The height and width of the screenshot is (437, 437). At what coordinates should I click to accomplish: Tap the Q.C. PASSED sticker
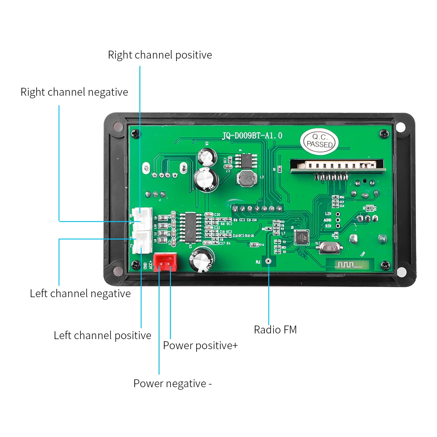(x=320, y=140)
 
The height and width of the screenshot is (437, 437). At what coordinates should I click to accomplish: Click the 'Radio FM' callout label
(x=275, y=329)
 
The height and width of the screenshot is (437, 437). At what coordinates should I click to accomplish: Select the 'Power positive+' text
(x=200, y=345)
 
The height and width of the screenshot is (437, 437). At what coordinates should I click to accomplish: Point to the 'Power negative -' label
(x=173, y=383)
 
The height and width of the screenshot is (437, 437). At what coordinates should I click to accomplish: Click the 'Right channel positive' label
(x=160, y=55)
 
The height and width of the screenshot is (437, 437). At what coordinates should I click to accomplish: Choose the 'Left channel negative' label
(x=80, y=293)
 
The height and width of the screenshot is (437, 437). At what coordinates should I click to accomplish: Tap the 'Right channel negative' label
(x=74, y=92)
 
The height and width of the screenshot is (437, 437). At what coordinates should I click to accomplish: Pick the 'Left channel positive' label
(x=102, y=335)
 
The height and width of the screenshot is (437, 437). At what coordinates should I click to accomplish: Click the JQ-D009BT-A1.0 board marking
(x=252, y=136)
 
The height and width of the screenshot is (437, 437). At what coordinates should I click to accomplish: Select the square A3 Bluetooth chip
(x=302, y=236)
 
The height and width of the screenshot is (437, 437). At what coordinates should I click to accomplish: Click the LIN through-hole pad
(x=338, y=213)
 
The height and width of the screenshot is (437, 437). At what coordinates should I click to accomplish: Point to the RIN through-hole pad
(x=338, y=226)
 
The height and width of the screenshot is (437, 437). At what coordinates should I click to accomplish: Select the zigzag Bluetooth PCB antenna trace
(x=349, y=264)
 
